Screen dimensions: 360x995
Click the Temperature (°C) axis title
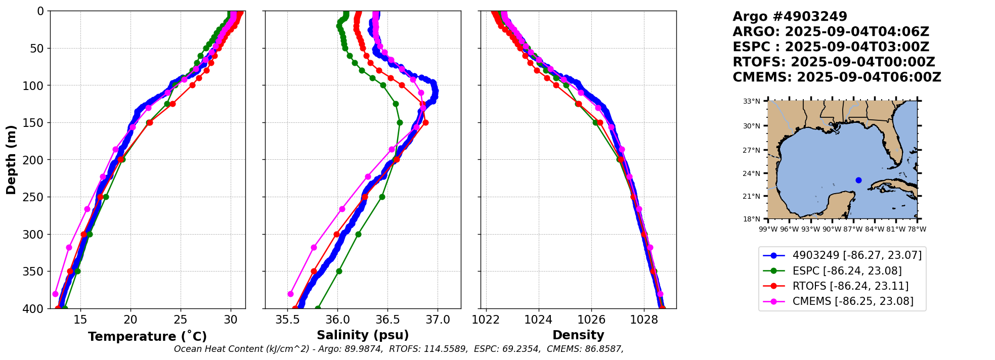pyautogui.click(x=147, y=337)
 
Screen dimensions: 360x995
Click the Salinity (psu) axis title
pyautogui.click(x=363, y=335)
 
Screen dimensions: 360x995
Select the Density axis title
pyautogui.click(x=578, y=335)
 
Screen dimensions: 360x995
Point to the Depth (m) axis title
pyautogui.click(x=11, y=160)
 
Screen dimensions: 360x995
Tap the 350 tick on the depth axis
pyautogui.click(x=36, y=272)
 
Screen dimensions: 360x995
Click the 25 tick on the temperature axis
pyautogui.click(x=181, y=320)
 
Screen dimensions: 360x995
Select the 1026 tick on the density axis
pyautogui.click(x=591, y=320)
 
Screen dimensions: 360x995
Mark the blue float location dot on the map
pyautogui.click(x=858, y=180)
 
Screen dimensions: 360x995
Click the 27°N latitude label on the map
pyautogui.click(x=751, y=150)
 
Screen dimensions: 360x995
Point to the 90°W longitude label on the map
pyautogui.click(x=828, y=229)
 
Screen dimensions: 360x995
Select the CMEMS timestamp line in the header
pyautogui.click(x=837, y=77)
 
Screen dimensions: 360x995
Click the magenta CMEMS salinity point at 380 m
pyautogui.click(x=290, y=294)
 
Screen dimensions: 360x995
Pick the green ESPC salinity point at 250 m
pyautogui.click(x=382, y=197)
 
